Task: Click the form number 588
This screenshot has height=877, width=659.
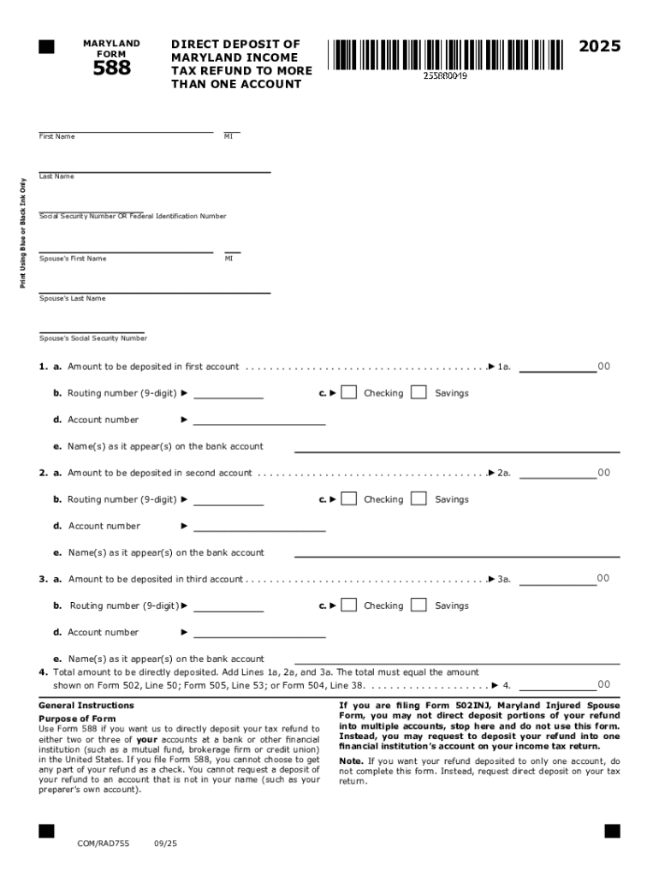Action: (111, 67)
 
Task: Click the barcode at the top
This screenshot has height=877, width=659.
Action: (444, 54)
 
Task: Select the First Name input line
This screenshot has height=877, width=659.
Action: (126, 129)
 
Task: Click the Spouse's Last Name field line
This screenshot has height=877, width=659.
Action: (155, 291)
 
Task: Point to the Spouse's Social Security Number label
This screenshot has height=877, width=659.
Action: (93, 338)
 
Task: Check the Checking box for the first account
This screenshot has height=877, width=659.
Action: (348, 393)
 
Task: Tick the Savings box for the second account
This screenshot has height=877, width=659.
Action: (419, 499)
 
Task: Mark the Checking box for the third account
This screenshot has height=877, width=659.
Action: (348, 606)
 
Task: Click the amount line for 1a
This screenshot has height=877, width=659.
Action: (557, 369)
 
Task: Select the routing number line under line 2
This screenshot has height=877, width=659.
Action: (229, 504)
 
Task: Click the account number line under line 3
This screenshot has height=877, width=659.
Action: (259, 636)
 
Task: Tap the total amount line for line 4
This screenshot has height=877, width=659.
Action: (557, 687)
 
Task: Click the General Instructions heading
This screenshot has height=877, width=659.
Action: (86, 706)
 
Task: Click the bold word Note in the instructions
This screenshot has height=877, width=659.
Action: (350, 761)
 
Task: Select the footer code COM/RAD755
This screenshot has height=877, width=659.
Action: (103, 844)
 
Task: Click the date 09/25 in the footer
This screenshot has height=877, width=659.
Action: (165, 844)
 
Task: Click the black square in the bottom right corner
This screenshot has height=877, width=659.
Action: (612, 831)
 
